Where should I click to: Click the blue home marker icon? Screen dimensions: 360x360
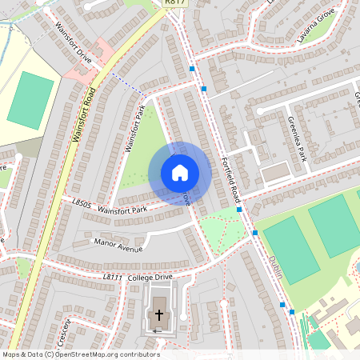(x=180, y=173)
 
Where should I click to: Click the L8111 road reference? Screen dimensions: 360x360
(x=111, y=277)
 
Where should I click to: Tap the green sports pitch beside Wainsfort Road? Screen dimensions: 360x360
(x=30, y=100)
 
